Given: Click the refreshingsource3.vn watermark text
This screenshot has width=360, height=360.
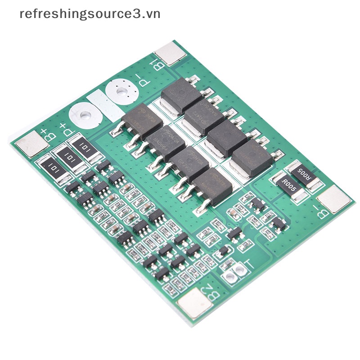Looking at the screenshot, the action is [90, 13].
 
